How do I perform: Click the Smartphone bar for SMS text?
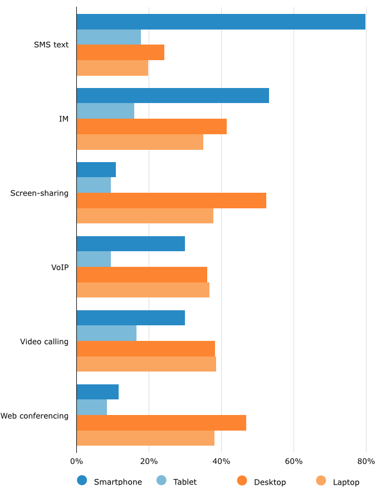[221, 22]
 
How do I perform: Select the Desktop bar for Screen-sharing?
[171, 201]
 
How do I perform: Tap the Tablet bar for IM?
[105, 111]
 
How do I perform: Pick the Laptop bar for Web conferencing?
[145, 438]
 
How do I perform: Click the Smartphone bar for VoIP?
[130, 243]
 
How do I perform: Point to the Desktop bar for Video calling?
[145, 349]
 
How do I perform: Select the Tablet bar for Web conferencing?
[91, 407]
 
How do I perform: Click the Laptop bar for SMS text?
[112, 68]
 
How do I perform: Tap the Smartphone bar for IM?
[173, 95]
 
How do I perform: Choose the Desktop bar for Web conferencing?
[161, 423]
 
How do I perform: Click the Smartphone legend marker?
[82, 481]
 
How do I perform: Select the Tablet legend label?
[184, 482]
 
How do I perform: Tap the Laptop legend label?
[346, 482]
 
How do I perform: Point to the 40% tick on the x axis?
[221, 461]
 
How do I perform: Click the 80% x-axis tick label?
[366, 461]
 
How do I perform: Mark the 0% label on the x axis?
[76, 461]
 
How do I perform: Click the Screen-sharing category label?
[40, 193]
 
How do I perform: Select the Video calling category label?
[44, 341]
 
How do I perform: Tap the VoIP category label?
[60, 267]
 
